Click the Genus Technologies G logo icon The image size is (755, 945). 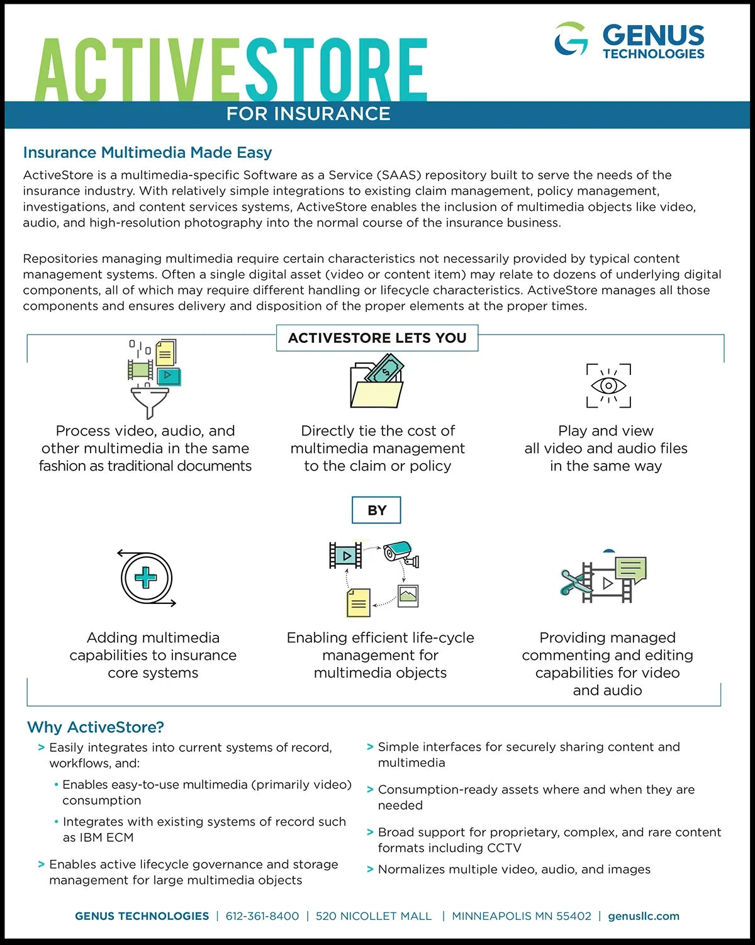pos(571,39)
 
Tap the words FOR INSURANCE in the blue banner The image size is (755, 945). pos(308,114)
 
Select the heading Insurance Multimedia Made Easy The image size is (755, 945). pos(147,152)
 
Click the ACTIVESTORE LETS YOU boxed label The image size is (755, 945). pos(377,338)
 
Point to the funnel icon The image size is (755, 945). pos(149,401)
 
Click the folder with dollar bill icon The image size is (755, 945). pos(377,381)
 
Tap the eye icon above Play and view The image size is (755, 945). pos(608,385)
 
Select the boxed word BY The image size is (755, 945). pos(376,510)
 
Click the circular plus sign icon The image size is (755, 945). pos(146,578)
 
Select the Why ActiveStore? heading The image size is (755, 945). pos(96,727)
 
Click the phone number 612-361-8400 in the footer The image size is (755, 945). pos(262,916)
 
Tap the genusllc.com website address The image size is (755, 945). pos(644,916)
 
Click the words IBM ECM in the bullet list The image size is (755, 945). pos(107,837)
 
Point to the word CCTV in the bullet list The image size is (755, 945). pos(504,848)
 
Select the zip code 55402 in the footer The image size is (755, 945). pos(574,916)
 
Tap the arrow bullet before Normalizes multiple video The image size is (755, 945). pos(370,870)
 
